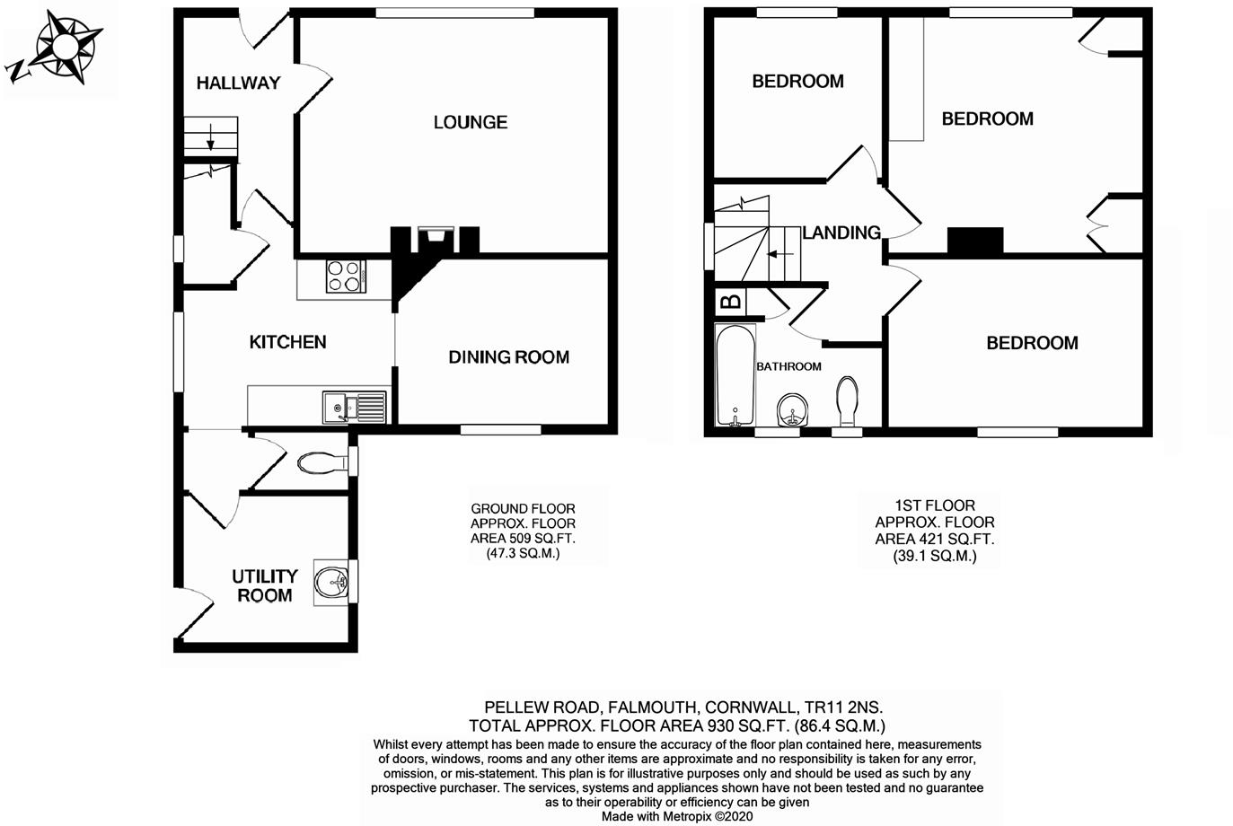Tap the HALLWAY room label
coord(238,83)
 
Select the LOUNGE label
coord(471,122)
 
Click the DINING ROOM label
coord(508,357)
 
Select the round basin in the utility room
coord(332,583)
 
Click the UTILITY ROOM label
coord(264,585)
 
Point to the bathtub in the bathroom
coord(735,375)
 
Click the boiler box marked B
coord(731,302)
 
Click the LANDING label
coord(841,233)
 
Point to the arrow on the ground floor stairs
coord(210,137)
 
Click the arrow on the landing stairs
coord(779,254)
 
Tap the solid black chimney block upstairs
coord(974,241)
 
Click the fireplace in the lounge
coord(436,239)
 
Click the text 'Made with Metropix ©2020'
coord(677,816)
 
